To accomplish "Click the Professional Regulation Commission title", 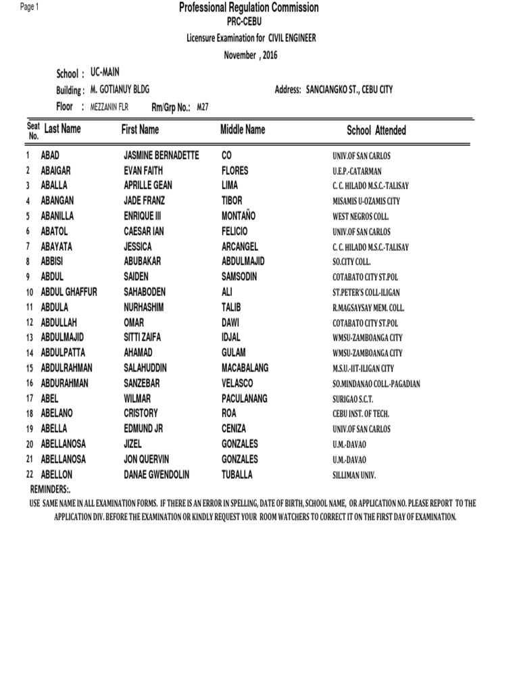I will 249,8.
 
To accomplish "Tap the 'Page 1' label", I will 30,7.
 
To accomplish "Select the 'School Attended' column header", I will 376,130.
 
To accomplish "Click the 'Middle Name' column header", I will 243,129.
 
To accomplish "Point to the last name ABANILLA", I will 57,216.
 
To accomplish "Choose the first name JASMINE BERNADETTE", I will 162,155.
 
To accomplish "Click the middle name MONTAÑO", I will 241,216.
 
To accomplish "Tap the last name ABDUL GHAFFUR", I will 69,292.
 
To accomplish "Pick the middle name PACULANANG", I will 245,399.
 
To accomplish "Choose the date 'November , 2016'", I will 251,55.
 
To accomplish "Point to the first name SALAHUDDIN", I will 145,368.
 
